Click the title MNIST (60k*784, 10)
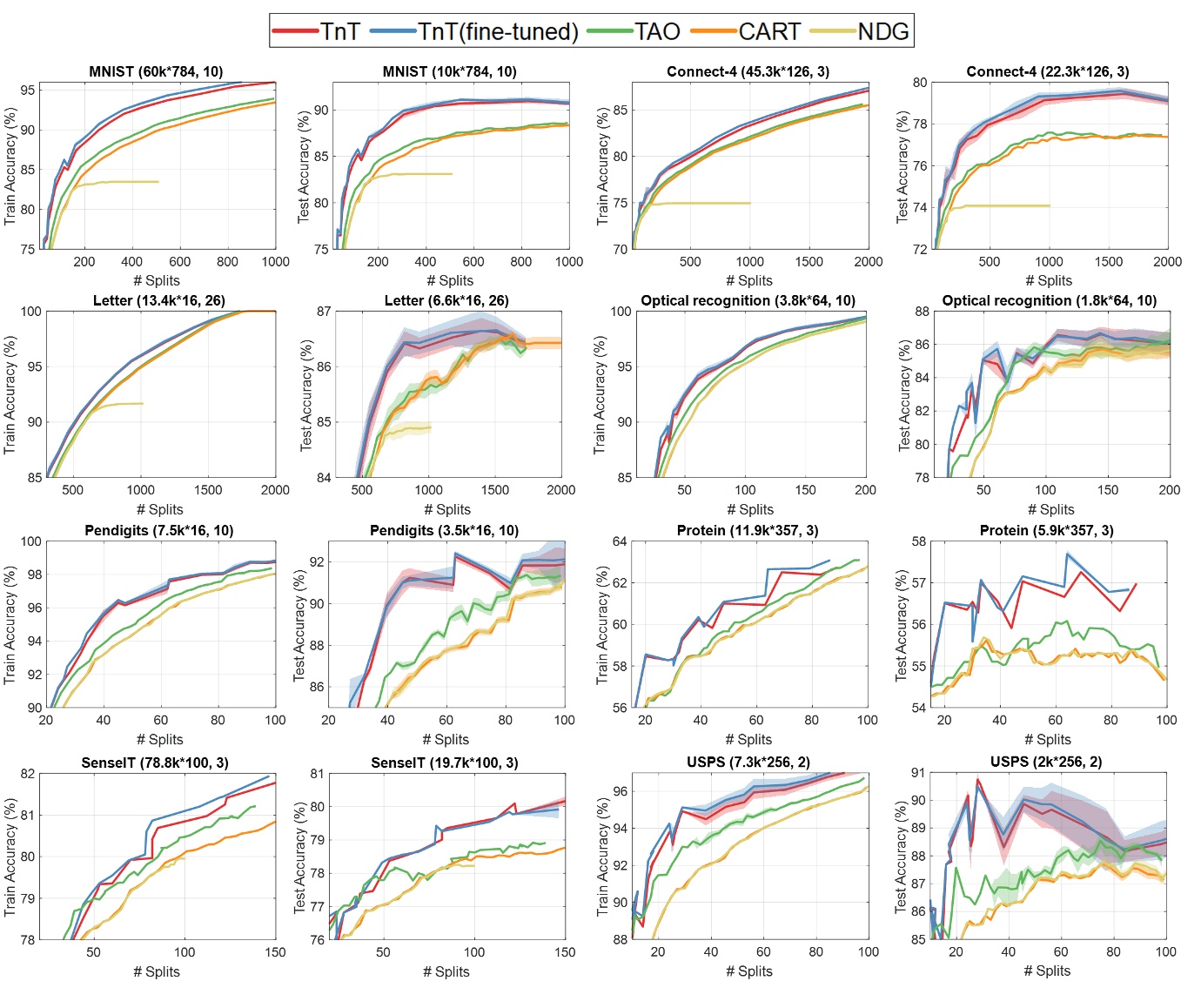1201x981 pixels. pyautogui.click(x=156, y=71)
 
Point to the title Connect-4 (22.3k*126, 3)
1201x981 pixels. pyautogui.click(x=1048, y=71)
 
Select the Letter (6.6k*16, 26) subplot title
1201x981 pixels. pyautogui.click(x=446, y=300)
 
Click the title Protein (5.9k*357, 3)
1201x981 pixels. pyautogui.click(x=1046, y=530)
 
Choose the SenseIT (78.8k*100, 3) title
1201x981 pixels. pyautogui.click(x=155, y=763)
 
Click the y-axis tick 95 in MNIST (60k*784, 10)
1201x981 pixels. pyautogui.click(x=28, y=90)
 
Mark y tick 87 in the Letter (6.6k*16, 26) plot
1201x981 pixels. pyautogui.click(x=323, y=312)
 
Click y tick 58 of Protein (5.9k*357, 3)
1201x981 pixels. pyautogui.click(x=919, y=541)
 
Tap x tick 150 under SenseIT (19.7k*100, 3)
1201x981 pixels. pyautogui.click(x=565, y=952)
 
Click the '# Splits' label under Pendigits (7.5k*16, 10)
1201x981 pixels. pyautogui.click(x=161, y=739)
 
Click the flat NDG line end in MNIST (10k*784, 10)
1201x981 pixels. pyautogui.click(x=452, y=174)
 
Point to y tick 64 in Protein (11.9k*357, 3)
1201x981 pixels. pyautogui.click(x=620, y=541)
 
